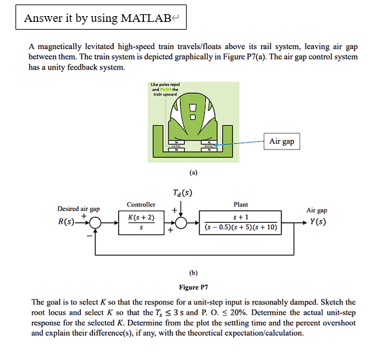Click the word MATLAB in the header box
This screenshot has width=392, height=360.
click(145, 17)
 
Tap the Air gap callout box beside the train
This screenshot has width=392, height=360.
click(283, 141)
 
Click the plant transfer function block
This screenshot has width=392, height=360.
click(240, 223)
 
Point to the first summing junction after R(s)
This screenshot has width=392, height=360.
click(96, 224)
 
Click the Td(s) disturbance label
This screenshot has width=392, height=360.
click(182, 193)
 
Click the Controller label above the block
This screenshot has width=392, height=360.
click(141, 205)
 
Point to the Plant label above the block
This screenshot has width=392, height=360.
click(240, 205)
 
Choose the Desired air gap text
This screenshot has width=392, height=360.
click(78, 209)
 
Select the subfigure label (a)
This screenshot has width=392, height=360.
click(193, 173)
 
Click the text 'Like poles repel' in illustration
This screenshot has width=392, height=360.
click(165, 85)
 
